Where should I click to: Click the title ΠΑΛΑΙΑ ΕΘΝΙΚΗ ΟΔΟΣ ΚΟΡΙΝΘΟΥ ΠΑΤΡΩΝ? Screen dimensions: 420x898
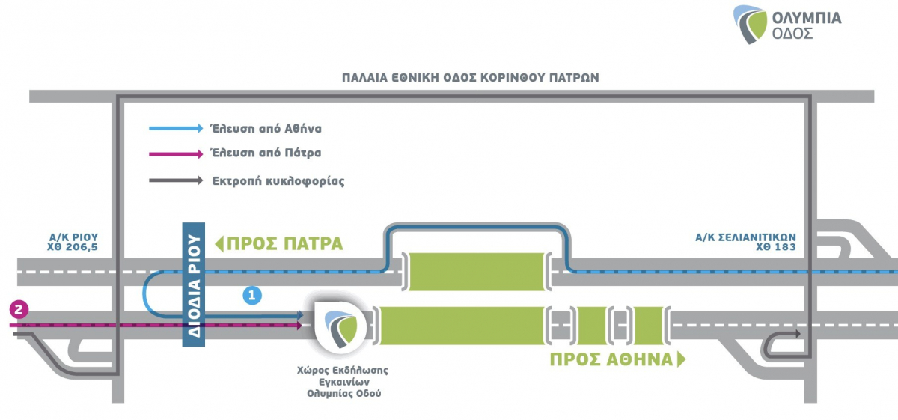click(x=470, y=77)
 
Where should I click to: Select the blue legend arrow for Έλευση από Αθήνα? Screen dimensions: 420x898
click(x=176, y=129)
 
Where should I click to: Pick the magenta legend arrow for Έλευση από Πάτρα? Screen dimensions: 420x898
click(x=176, y=154)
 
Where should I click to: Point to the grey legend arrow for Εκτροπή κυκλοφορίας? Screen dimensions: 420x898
click(x=176, y=180)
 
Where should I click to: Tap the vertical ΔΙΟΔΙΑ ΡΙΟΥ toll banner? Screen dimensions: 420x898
click(x=194, y=284)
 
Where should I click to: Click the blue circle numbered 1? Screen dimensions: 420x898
click(x=252, y=295)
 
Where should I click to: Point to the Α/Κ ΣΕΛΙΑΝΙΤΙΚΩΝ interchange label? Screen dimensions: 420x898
click(x=745, y=237)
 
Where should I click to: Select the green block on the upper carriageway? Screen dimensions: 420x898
click(x=477, y=271)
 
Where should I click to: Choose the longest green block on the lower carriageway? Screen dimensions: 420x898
click(x=462, y=325)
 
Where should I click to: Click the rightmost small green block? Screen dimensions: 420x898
click(x=648, y=325)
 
